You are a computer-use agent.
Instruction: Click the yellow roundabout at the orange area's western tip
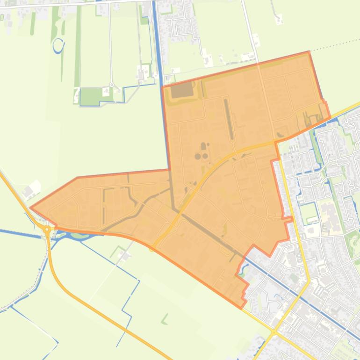pyautogui.click(x=47, y=229)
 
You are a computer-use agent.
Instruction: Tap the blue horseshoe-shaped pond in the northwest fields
pyautogui.click(x=58, y=45)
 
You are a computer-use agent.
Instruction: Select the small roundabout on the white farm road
pyautogui.click(x=112, y=85)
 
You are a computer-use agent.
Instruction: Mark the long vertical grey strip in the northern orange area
pyautogui.click(x=229, y=119)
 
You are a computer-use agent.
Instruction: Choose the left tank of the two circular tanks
pyautogui.click(x=198, y=156)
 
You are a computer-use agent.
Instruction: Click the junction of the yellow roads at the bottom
pyautogui.click(x=274, y=332)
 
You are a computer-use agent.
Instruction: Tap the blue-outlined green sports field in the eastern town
pyautogui.click(x=309, y=213)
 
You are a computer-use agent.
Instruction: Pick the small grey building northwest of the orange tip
pyautogui.click(x=28, y=192)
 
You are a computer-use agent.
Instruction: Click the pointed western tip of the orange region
pyautogui.click(x=30, y=208)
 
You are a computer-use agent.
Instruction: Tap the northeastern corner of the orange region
pyautogui.click(x=309, y=52)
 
